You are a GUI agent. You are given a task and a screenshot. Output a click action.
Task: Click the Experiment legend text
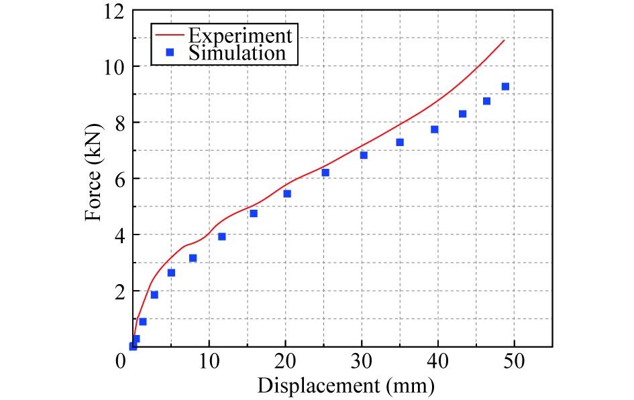(240, 34)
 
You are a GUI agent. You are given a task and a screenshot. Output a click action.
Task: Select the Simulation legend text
(237, 52)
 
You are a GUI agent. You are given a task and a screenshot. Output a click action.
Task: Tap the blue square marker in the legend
(170, 52)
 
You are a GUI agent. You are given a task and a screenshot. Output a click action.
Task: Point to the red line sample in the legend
(170, 34)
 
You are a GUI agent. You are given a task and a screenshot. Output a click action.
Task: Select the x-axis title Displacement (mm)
(346, 385)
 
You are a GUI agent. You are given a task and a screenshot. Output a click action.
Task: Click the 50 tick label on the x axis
(515, 362)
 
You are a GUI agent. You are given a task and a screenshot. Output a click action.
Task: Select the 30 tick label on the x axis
(362, 362)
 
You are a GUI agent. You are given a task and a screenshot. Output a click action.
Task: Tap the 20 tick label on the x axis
(285, 362)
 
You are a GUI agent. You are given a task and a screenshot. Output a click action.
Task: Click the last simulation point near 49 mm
(505, 86)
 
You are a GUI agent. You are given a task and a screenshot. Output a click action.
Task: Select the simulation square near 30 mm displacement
(364, 155)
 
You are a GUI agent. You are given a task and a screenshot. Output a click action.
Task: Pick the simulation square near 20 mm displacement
(287, 194)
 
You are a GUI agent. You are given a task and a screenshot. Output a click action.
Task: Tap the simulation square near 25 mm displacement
(325, 172)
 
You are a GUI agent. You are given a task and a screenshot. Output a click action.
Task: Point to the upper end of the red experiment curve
(504, 40)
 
